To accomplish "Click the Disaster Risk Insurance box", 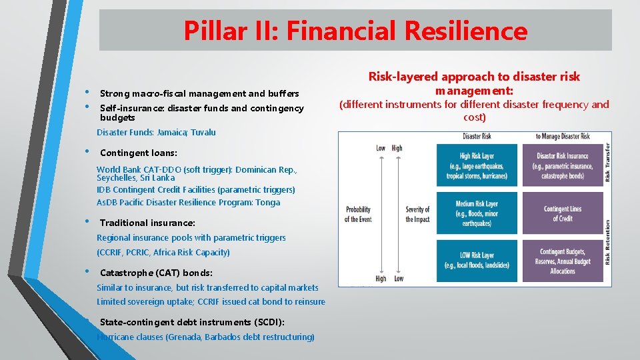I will pyautogui.click(x=563, y=166).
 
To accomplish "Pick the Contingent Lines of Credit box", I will pyautogui.click(x=563, y=213).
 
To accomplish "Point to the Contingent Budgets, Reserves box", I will pyautogui.click(x=563, y=261).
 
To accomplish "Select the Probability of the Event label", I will pyautogui.click(x=357, y=214).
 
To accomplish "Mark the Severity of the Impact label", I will pyautogui.click(x=417, y=214).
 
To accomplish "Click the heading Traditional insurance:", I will pyautogui.click(x=147, y=223).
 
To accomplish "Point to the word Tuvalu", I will pyautogui.click(x=203, y=133).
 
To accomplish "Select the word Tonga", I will pyautogui.click(x=267, y=203).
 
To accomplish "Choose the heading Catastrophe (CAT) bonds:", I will pyautogui.click(x=156, y=273).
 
